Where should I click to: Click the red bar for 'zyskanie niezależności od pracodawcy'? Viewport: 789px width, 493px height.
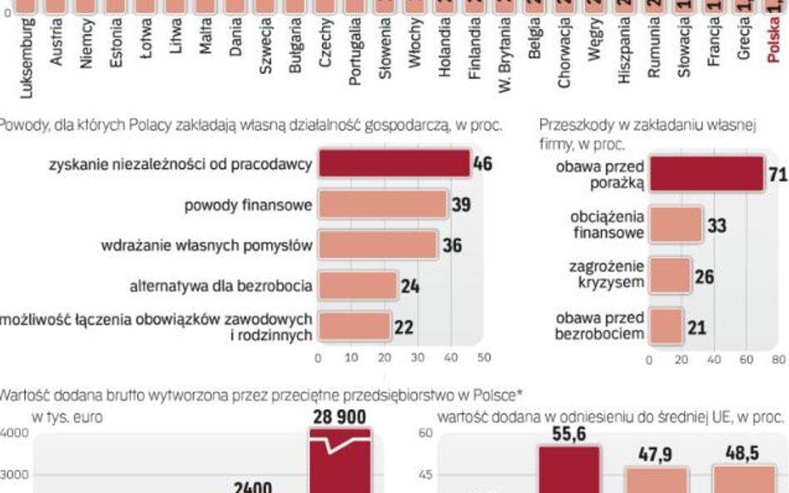[x=394, y=164]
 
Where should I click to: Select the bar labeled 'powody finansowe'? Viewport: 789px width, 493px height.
[x=383, y=205]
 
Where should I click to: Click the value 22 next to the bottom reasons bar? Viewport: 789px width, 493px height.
[x=404, y=327]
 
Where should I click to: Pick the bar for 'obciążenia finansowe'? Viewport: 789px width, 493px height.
[x=676, y=224]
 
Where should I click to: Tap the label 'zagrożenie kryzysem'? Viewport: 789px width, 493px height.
[x=606, y=274]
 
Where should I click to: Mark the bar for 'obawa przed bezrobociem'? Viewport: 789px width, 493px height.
[x=666, y=326]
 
